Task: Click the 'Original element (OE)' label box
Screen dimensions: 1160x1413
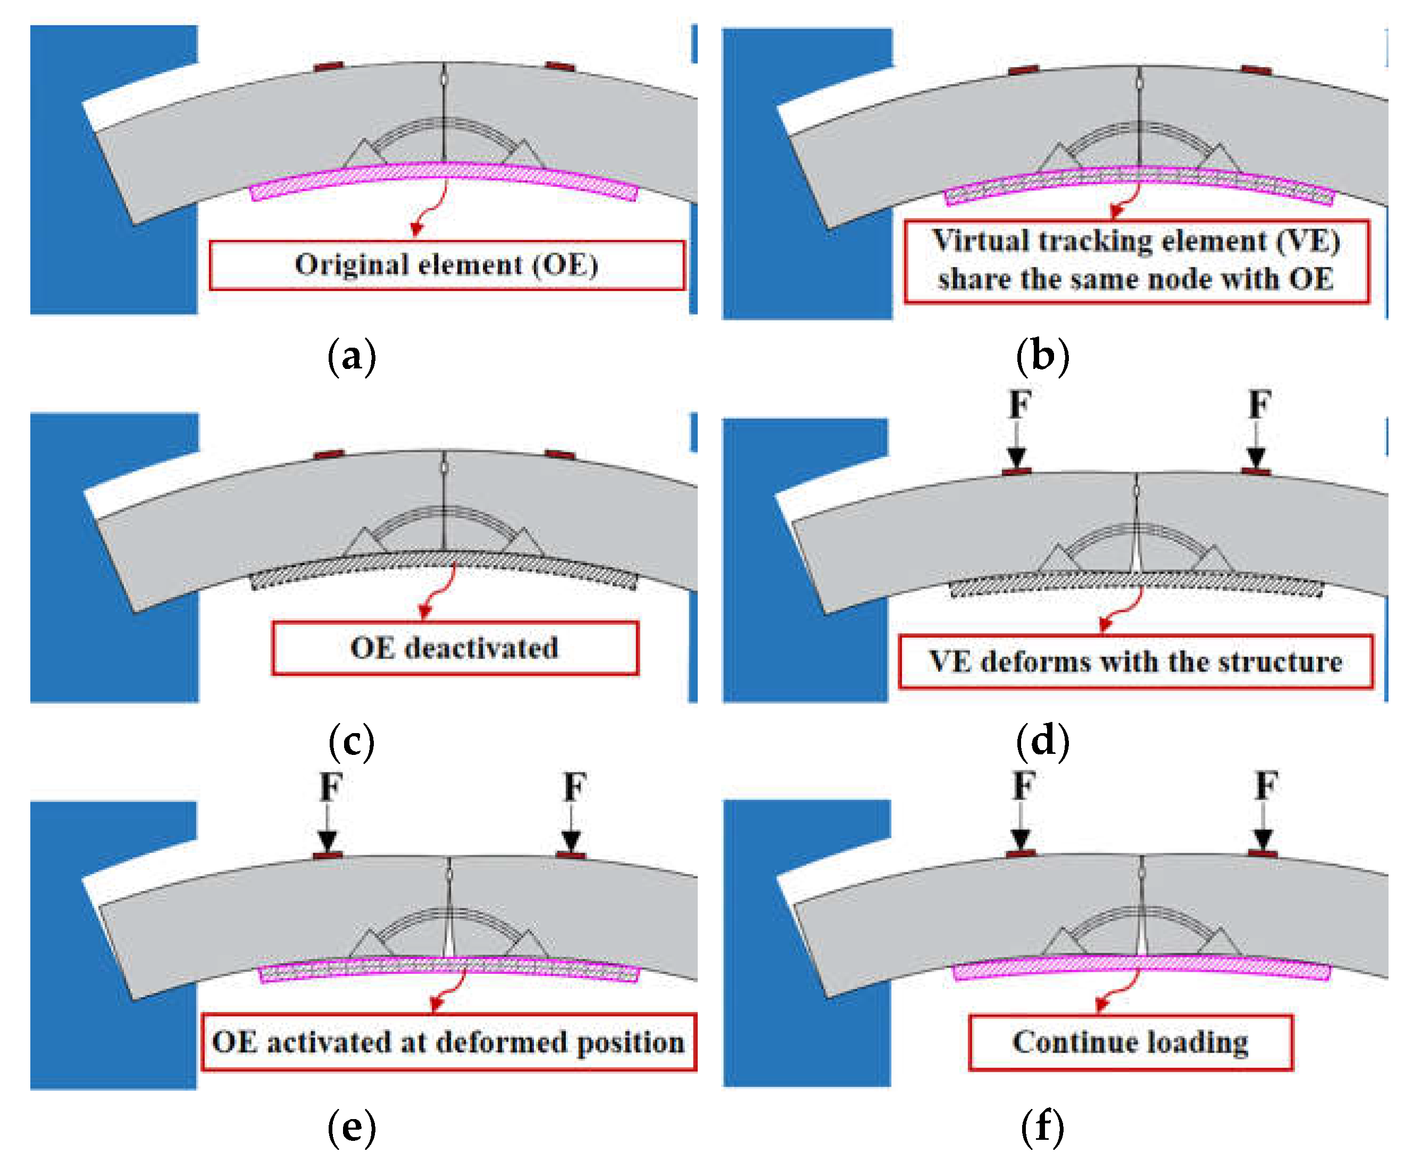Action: point(447,265)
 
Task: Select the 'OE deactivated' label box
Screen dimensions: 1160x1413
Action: point(455,648)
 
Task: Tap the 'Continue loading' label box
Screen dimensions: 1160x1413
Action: point(1130,1043)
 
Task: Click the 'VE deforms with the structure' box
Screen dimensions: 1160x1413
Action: point(1135,661)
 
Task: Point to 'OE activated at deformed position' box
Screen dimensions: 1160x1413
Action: point(448,1043)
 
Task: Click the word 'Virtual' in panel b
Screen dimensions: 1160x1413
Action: point(968,240)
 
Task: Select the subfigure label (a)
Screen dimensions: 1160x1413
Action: point(352,356)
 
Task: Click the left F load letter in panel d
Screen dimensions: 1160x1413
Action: point(1019,404)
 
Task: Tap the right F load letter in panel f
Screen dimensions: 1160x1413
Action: point(1266,786)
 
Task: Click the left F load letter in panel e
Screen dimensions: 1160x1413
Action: point(331,787)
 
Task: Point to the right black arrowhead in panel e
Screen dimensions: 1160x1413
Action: point(571,840)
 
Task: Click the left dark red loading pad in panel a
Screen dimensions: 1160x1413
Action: point(329,66)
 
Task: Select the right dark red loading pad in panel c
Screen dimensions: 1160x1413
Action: point(560,455)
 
